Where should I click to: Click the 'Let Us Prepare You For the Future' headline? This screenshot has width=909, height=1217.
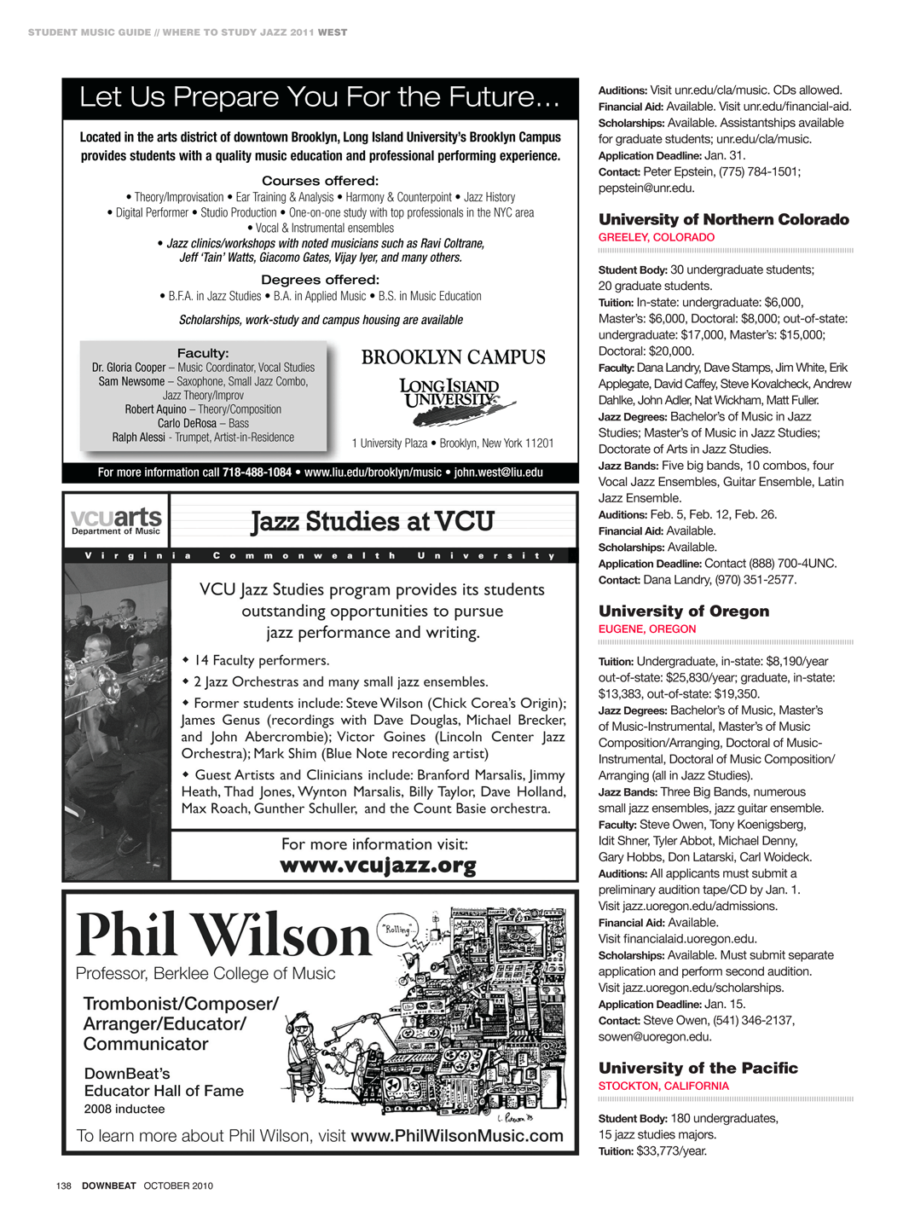coord(319,97)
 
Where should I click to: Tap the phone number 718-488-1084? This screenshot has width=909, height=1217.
coord(257,472)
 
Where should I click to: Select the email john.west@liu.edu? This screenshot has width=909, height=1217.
coord(498,472)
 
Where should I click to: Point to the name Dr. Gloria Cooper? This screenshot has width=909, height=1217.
coord(129,368)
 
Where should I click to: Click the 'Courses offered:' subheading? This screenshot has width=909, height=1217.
coord(320,181)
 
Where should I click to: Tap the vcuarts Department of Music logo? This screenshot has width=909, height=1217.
coord(116,521)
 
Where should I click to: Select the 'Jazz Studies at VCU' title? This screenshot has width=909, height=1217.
coord(373,521)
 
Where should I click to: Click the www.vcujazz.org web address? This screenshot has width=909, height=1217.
coord(378,866)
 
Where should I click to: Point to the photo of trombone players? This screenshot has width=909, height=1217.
coord(117,721)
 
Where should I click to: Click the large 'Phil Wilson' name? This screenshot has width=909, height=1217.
coord(223,936)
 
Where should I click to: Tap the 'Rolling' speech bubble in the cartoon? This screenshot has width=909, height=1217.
coord(397,930)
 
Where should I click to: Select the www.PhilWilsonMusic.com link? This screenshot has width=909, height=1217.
coord(457,1136)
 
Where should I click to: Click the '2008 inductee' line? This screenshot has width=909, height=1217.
coord(124,1109)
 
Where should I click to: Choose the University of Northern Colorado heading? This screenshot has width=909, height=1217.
coord(723,219)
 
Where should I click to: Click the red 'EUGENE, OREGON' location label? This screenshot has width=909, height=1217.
coord(647,629)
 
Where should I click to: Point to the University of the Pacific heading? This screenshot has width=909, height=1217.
coord(698,1068)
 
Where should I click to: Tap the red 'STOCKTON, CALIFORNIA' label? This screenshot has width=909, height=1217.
coord(663,1086)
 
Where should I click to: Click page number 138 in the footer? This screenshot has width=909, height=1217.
coord(64,1185)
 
